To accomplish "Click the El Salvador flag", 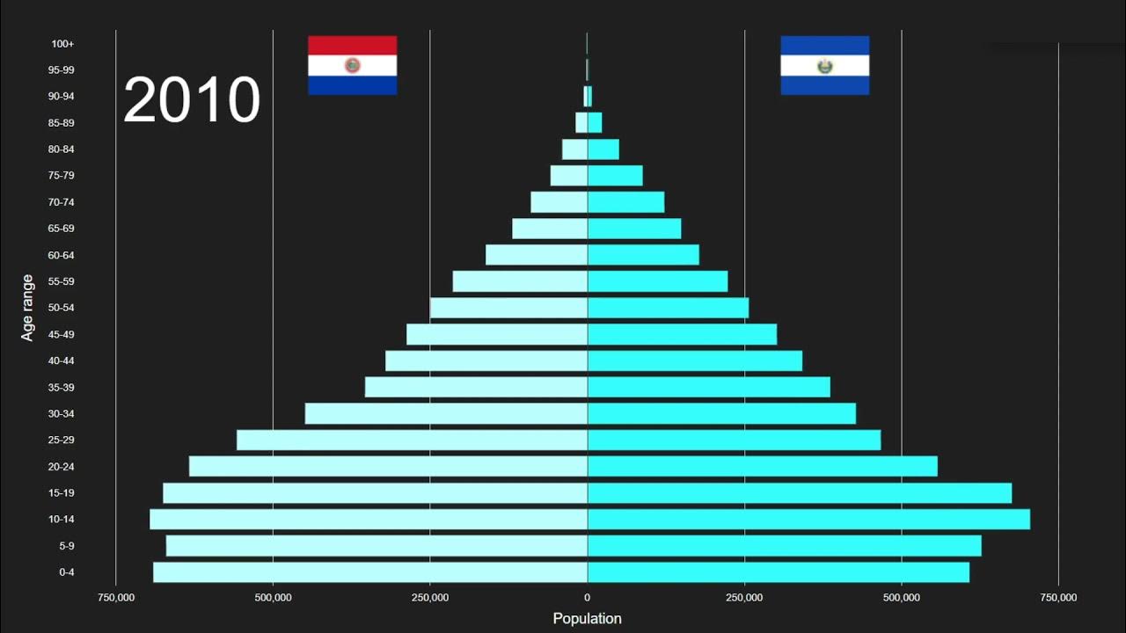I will [x=824, y=65].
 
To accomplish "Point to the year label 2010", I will [x=192, y=100].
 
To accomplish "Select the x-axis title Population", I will [x=587, y=619].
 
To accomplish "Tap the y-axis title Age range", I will [x=28, y=308].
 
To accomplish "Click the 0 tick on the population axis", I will [x=587, y=598].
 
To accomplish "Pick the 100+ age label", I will [x=62, y=44].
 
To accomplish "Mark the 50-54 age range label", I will [x=62, y=308].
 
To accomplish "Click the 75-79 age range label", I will [x=62, y=176].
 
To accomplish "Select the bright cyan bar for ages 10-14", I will [x=808, y=520].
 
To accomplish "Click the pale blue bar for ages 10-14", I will [x=369, y=520].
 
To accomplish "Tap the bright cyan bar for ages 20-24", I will [x=762, y=466].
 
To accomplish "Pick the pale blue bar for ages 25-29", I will [x=412, y=440].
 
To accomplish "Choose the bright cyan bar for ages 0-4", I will [x=779, y=572].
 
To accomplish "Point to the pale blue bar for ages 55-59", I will [x=520, y=281].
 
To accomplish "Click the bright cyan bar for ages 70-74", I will [x=625, y=202].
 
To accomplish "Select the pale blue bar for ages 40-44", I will [x=486, y=360].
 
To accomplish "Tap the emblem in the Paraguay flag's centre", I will [x=352, y=65].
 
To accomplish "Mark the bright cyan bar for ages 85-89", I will [x=595, y=122].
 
